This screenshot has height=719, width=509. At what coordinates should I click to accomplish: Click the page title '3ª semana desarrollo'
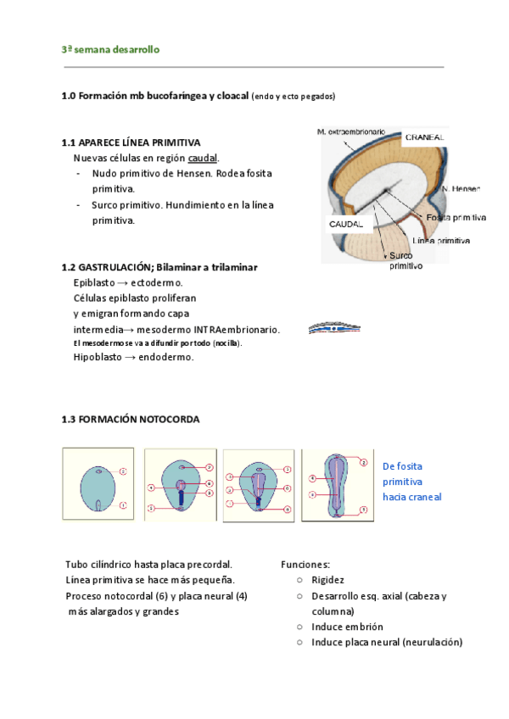pos(110,50)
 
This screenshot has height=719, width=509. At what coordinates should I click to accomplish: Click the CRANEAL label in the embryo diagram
pos(424,137)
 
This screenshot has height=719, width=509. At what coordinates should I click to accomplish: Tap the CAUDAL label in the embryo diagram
pos(345,224)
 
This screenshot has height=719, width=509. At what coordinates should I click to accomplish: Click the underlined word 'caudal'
pos(202,158)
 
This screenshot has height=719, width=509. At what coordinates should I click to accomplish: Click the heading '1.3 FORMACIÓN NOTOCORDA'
pos(131,419)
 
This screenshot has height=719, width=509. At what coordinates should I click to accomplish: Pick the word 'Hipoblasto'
pos(97,358)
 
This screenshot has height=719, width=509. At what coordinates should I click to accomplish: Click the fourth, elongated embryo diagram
pos(337,482)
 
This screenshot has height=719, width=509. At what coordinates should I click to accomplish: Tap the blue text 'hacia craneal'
pos(412,497)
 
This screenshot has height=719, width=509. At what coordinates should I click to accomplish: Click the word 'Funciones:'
pos(305,565)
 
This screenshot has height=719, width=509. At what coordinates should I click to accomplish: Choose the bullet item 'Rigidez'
pos(327,580)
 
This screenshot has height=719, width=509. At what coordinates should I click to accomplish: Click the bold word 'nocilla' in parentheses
pos(224,343)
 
